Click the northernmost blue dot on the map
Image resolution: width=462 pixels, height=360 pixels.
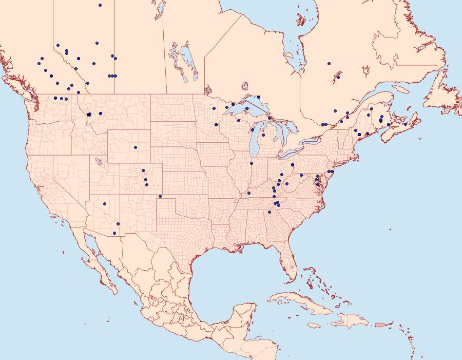tap(100, 5)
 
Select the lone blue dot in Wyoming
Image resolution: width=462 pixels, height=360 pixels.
tap(136, 147)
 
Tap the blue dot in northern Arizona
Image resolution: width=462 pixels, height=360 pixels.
tap(104, 203)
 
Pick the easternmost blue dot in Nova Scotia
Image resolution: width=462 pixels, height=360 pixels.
tap(406, 124)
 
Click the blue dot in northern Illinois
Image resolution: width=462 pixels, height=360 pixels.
tap(252, 164)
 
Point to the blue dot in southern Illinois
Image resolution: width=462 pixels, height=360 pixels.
tap(249, 193)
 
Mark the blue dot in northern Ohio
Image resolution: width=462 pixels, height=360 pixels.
tap(292, 165)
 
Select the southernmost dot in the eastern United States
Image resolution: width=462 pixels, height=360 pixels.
tap(269, 212)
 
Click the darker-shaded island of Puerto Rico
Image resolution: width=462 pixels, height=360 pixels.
tap(380, 325)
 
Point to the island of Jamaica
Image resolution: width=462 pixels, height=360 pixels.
tap(315, 325)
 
